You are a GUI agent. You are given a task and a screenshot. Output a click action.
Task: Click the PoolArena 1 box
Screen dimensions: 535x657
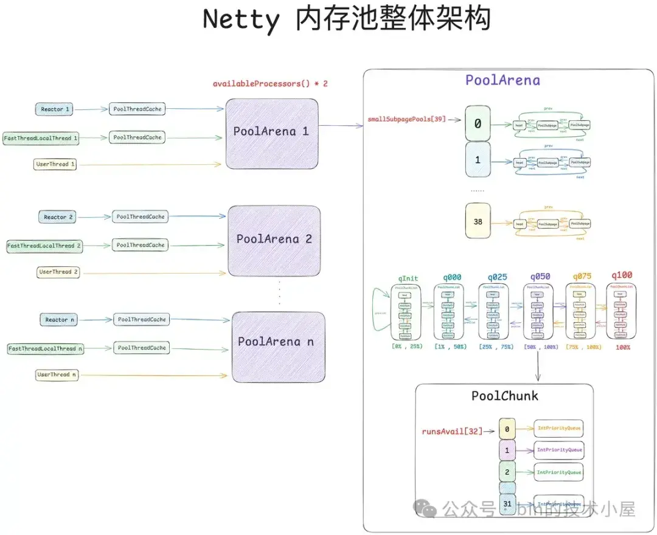(x=272, y=131)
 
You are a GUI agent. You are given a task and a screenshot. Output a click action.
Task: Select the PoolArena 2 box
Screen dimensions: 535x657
(x=274, y=240)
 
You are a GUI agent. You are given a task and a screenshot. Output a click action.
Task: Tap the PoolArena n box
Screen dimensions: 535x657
(x=277, y=341)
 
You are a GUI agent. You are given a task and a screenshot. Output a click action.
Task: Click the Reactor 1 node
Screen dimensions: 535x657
(x=55, y=109)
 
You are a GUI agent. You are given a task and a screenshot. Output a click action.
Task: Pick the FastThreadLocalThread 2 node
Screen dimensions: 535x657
(x=44, y=246)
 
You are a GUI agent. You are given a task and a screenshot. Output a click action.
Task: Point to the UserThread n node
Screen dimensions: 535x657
(x=57, y=375)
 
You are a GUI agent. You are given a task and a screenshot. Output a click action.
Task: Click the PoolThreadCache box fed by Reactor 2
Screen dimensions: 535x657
(x=141, y=217)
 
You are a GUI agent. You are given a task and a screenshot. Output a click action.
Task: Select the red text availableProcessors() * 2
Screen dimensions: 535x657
(x=270, y=83)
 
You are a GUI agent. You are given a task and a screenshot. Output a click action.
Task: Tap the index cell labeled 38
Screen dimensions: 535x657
(x=478, y=222)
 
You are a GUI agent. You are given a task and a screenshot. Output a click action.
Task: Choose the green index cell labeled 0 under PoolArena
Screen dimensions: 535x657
(x=478, y=124)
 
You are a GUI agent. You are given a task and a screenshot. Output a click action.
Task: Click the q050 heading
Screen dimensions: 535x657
(x=539, y=275)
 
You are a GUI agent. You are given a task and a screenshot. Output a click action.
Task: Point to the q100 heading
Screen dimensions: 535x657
(x=621, y=275)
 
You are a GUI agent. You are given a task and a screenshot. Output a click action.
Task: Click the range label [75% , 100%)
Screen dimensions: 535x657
(x=583, y=347)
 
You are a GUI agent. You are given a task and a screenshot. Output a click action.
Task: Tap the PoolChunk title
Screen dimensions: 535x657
(x=505, y=396)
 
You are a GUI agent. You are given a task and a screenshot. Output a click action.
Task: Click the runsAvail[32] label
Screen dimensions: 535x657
(x=452, y=432)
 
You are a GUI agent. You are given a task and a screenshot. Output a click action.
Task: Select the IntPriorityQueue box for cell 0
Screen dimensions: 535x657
(x=558, y=429)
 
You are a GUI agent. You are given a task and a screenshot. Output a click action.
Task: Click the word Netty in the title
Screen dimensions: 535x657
(x=241, y=19)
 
